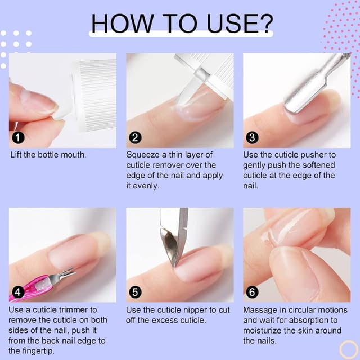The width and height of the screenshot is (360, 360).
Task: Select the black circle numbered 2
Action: click(x=135, y=138)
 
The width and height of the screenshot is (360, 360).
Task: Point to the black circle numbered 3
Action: click(x=252, y=138)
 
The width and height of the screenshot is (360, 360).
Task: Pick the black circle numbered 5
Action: click(x=135, y=292)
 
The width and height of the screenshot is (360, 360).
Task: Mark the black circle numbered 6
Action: click(x=252, y=292)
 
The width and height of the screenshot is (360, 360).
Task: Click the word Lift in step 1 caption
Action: click(x=18, y=154)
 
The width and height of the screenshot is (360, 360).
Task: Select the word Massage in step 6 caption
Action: click(x=259, y=309)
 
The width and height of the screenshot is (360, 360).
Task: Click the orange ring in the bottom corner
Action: click(x=349, y=349)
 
